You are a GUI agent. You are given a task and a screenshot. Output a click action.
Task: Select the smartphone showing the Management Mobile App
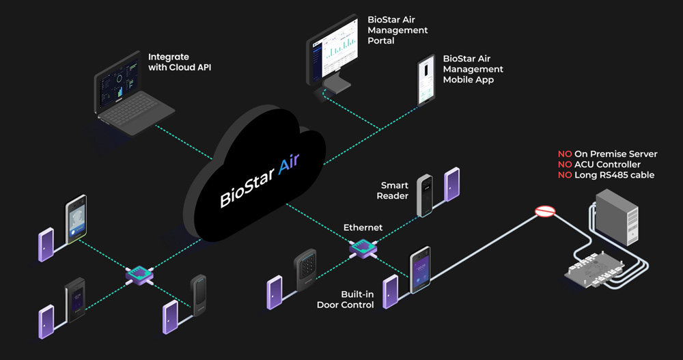pyautogui.click(x=428, y=81)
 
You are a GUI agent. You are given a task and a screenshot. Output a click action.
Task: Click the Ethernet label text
pyautogui.click(x=363, y=227)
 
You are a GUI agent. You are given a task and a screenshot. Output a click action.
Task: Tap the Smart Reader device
pyautogui.click(x=425, y=195)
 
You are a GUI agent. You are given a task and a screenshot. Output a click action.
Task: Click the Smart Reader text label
pyautogui.click(x=394, y=191)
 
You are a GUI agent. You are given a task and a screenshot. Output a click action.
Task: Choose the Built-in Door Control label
pyautogui.click(x=345, y=299)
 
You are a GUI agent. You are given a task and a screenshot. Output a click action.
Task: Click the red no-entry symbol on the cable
pyautogui.click(x=544, y=212)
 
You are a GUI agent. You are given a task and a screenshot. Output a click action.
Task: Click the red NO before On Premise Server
pyautogui.click(x=565, y=154)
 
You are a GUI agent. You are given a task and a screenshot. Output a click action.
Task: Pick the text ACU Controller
pyautogui.click(x=609, y=165)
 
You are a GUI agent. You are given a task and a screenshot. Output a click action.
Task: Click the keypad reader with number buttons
pyautogui.click(x=305, y=271)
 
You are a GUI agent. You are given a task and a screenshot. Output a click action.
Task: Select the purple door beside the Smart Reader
pyautogui.click(x=452, y=184)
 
